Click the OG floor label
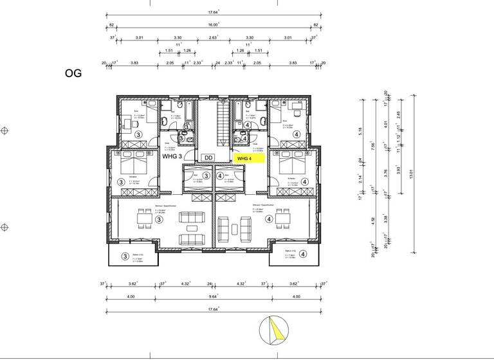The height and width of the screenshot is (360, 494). coord(73,73)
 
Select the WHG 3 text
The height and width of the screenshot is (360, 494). coord(172,156)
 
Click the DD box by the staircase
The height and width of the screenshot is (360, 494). coord(208,157)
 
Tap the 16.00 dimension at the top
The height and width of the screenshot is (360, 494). coord(213,24)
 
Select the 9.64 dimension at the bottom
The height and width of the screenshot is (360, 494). coord(213,297)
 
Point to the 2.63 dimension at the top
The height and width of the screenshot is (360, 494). coord(213,38)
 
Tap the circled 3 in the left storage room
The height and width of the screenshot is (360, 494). coord(206,175)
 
